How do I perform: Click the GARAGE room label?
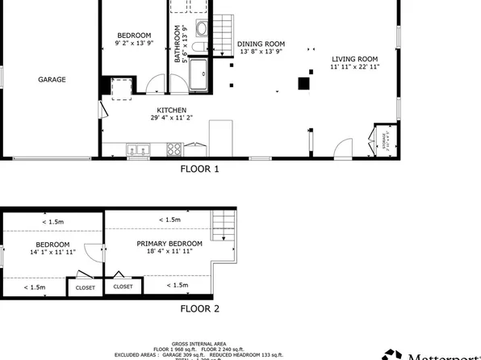pos(52,80)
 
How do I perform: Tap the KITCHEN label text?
pos(172,111)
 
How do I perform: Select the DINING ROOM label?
pos(261,44)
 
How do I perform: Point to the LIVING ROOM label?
pos(355,58)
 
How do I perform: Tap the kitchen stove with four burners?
pos(174,149)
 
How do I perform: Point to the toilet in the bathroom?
pos(202,32)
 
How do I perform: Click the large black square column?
pos(303,82)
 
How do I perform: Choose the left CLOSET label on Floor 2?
pos(85,287)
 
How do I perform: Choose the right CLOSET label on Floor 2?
pos(123,286)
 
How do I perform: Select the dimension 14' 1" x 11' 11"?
pos(52,253)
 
